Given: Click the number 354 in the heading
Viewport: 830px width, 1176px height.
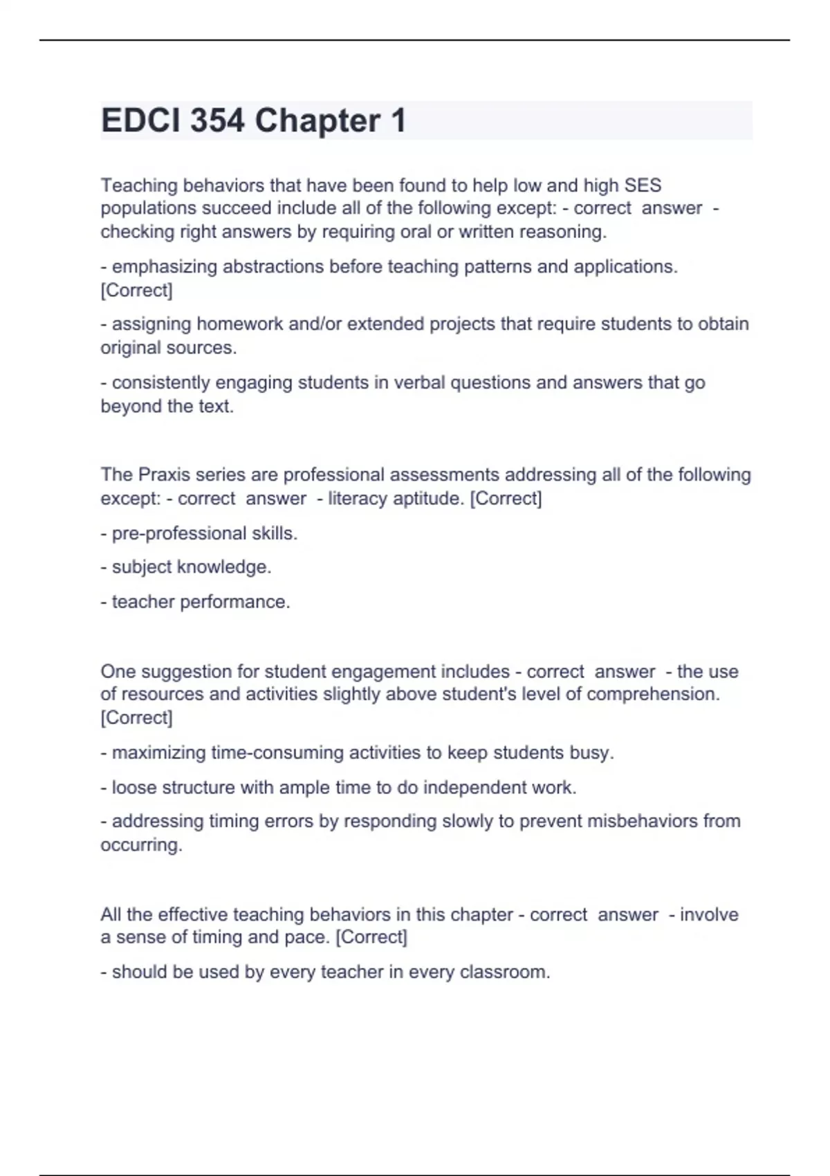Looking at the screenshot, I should [217, 121].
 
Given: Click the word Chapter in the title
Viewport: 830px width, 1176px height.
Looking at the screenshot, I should [317, 121].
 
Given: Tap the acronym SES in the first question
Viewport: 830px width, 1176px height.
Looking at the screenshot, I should [643, 185].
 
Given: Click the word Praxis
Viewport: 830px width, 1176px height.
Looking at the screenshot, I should [164, 475].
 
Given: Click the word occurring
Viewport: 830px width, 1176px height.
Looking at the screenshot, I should [141, 845].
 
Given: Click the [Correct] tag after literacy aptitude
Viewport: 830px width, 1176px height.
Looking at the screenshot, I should [506, 498].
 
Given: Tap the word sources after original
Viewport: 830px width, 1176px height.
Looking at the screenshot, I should [207, 347].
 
